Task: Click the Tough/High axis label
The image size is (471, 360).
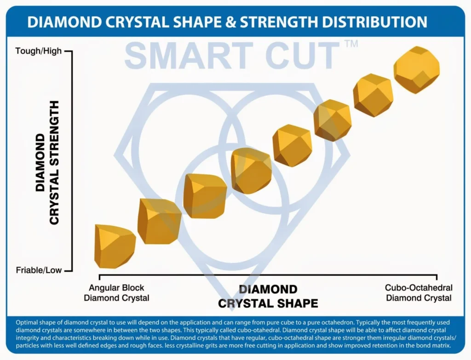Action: click(39, 51)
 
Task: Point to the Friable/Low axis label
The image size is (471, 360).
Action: click(39, 270)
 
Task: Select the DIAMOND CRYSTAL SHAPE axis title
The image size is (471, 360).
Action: click(268, 297)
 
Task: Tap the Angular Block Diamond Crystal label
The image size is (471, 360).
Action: click(116, 293)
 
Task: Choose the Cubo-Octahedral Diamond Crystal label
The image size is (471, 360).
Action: click(419, 293)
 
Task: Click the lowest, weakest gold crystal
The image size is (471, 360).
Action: click(114, 246)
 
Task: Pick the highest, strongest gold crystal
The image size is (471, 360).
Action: click(417, 69)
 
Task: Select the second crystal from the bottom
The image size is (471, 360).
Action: click(159, 221)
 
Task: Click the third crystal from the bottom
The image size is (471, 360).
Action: click(205, 195)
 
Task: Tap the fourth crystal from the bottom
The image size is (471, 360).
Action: click(251, 170)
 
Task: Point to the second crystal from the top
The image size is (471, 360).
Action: click(373, 95)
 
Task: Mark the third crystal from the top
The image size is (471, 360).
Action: click(333, 120)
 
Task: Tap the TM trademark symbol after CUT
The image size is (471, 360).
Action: click(350, 44)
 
